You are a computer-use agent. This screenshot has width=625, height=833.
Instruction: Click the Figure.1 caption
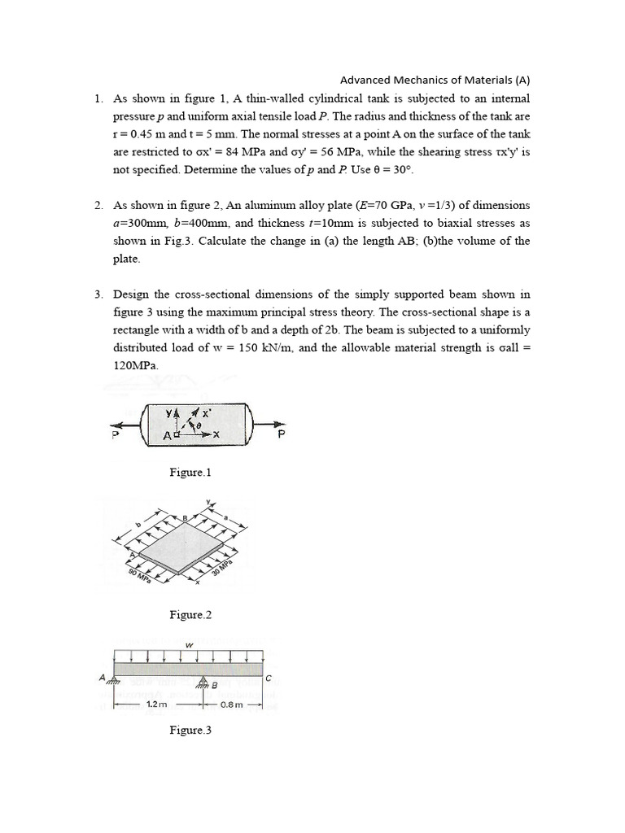click(x=190, y=472)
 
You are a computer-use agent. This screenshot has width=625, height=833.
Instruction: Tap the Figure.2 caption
click(x=190, y=615)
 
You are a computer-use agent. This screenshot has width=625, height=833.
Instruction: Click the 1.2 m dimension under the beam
click(x=157, y=704)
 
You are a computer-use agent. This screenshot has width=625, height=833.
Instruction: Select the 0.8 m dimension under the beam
click(x=232, y=704)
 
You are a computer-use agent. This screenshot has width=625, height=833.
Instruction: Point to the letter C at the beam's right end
click(x=268, y=677)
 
